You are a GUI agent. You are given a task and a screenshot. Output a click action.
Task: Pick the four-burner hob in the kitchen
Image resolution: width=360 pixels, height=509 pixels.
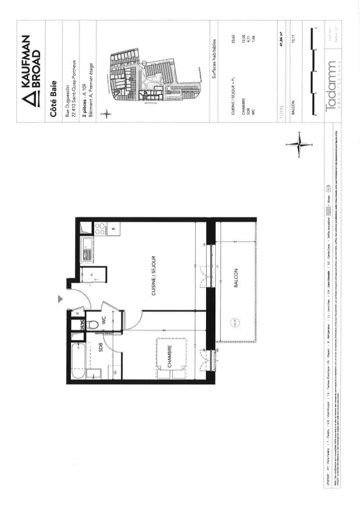99,229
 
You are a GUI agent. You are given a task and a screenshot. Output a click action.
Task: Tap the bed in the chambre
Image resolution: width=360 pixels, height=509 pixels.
172,359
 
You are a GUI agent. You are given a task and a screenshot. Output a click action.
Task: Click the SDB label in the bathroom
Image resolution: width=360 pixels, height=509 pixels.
100,350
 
